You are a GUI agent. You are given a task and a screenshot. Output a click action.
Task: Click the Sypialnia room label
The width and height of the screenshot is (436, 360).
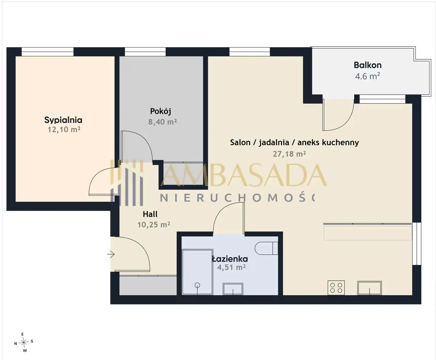(x=63, y=120)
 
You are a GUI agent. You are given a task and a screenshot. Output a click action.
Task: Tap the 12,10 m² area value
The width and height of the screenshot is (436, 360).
(x=64, y=130)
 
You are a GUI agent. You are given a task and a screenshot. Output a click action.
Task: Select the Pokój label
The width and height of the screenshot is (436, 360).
(x=160, y=111)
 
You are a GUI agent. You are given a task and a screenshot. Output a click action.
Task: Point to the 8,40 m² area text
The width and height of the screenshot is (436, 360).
(x=162, y=122)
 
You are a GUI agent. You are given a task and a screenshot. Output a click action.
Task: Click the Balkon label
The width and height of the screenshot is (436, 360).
(x=368, y=65)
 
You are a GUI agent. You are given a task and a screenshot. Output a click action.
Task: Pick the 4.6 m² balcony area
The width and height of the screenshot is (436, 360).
(x=367, y=76)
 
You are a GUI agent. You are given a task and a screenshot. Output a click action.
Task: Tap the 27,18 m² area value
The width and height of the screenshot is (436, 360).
(x=289, y=154)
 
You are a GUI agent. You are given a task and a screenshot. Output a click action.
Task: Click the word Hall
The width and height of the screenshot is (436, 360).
(x=150, y=214)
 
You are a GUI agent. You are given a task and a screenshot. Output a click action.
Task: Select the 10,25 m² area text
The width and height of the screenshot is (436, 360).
(x=154, y=225)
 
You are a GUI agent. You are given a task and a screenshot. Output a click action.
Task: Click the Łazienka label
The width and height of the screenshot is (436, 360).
(x=230, y=259)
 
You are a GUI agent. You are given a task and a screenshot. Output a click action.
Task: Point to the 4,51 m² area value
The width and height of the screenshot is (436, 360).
(x=231, y=267)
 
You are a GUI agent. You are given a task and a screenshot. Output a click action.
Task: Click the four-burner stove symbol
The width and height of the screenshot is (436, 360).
(x=336, y=288)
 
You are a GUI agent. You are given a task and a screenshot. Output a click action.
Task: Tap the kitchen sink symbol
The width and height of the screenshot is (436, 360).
(x=370, y=288)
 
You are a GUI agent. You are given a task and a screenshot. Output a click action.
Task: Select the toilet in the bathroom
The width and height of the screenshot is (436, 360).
(x=266, y=248)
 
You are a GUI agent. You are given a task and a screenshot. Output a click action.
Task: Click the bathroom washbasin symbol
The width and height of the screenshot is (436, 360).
(x=233, y=289)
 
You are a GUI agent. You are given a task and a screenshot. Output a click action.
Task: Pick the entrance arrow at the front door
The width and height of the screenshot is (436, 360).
(x=111, y=254)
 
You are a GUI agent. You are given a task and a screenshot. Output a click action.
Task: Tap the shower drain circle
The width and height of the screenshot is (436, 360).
(x=197, y=285)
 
